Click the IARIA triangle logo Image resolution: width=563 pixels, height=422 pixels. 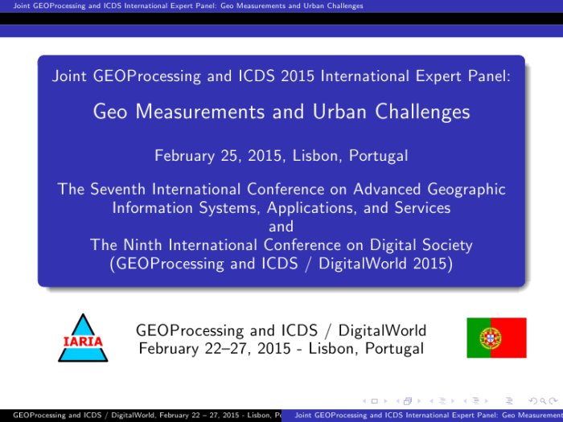(83, 338)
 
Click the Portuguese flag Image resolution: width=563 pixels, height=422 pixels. (496, 338)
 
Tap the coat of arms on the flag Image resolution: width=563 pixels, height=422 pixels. (491, 338)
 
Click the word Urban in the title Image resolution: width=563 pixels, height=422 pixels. (339, 111)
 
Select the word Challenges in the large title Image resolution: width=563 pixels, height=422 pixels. (422, 112)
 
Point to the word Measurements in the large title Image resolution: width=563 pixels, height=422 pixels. (200, 111)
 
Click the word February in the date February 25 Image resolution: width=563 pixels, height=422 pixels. (184, 156)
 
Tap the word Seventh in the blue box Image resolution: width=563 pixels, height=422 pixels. (117, 189)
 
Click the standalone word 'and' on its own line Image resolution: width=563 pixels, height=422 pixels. (281, 227)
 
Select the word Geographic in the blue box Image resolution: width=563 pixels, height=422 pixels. (466, 190)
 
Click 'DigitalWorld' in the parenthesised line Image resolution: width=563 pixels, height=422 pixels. (363, 264)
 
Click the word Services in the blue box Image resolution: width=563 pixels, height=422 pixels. (422, 207)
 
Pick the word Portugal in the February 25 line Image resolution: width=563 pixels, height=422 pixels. (379, 157)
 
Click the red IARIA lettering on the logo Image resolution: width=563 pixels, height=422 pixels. (83, 341)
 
